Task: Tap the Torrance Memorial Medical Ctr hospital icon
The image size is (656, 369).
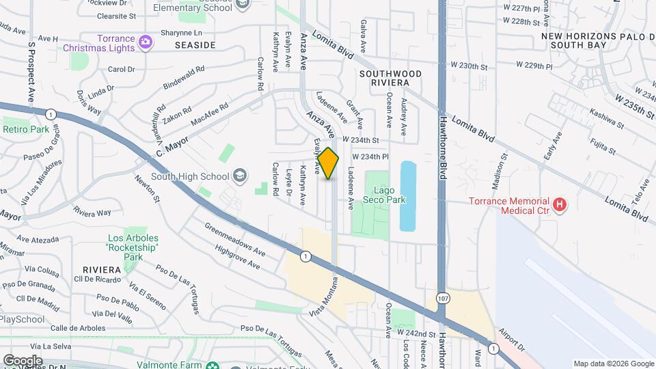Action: pyautogui.click(x=560, y=205)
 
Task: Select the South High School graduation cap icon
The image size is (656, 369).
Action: pyautogui.click(x=239, y=176)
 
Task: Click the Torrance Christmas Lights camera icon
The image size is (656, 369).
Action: pyautogui.click(x=145, y=43)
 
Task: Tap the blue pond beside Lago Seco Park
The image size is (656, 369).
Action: pyautogui.click(x=407, y=195)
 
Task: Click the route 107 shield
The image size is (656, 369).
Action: pyautogui.click(x=443, y=299)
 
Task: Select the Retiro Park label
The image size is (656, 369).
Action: pyautogui.click(x=26, y=129)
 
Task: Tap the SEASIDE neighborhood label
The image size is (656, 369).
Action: pyautogui.click(x=195, y=45)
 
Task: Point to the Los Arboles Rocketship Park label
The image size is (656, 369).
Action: pyautogui.click(x=133, y=247)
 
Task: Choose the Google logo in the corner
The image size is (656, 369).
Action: pyautogui.click(x=22, y=360)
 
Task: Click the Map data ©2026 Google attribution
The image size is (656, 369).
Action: pyautogui.click(x=613, y=364)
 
